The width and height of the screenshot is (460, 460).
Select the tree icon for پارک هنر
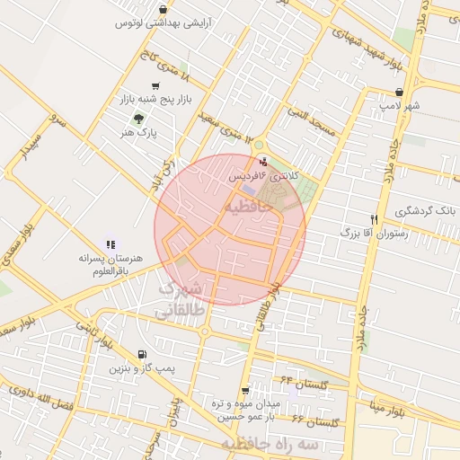pyautogui.click(x=137, y=118)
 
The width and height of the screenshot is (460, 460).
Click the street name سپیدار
pyautogui.click(x=32, y=148)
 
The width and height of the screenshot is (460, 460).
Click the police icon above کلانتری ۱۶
pyautogui.click(x=262, y=163)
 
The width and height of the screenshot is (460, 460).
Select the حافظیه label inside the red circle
pyautogui.click(x=244, y=208)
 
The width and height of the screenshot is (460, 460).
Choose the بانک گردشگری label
pyautogui.click(x=426, y=212)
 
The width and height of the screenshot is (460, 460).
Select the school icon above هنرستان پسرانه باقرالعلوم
pyautogui.click(x=111, y=243)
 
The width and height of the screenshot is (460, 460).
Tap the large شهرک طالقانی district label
pyautogui.click(x=182, y=299)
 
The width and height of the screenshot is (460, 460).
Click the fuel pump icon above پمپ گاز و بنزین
pyautogui.click(x=143, y=354)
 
